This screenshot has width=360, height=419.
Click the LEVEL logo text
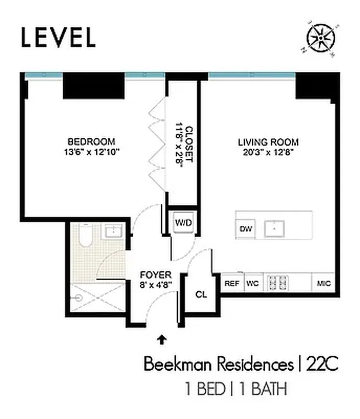tap(58, 37)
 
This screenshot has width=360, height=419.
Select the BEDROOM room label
tap(91, 142)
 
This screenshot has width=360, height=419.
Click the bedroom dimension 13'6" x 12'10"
tap(92, 152)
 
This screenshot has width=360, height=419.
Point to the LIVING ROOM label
tap(268, 142)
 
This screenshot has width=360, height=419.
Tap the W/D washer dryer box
tap(183, 223)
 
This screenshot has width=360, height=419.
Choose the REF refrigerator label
tap(231, 283)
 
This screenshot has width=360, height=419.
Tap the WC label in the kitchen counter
tap(253, 283)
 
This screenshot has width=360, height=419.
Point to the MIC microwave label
tap(323, 283)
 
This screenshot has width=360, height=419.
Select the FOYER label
tap(155, 275)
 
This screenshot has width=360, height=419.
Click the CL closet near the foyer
tap(201, 294)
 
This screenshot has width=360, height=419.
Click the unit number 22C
tap(320, 365)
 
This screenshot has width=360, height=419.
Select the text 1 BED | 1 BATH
tap(236, 389)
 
